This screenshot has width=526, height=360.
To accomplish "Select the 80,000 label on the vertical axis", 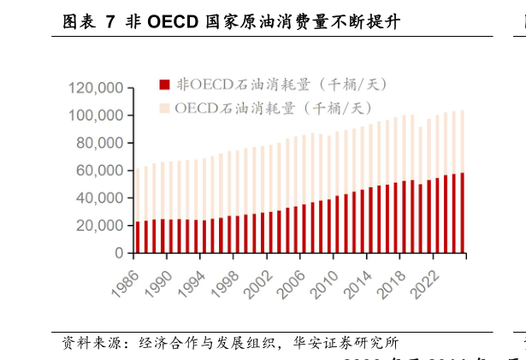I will pyautogui.click(x=98, y=143).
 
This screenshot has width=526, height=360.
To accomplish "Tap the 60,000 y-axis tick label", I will pyautogui.click(x=98, y=171).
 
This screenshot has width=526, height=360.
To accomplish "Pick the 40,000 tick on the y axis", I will pyautogui.click(x=98, y=198).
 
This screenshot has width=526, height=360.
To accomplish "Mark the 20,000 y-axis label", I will pyautogui.click(x=98, y=226).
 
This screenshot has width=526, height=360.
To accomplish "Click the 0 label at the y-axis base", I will pyautogui.click(x=119, y=254).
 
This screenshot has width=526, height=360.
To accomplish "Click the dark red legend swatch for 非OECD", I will pyautogui.click(x=165, y=84).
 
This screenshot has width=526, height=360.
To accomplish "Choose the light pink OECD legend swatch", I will pyautogui.click(x=165, y=108).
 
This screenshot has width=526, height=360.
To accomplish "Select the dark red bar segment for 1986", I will pyautogui.click(x=138, y=238).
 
